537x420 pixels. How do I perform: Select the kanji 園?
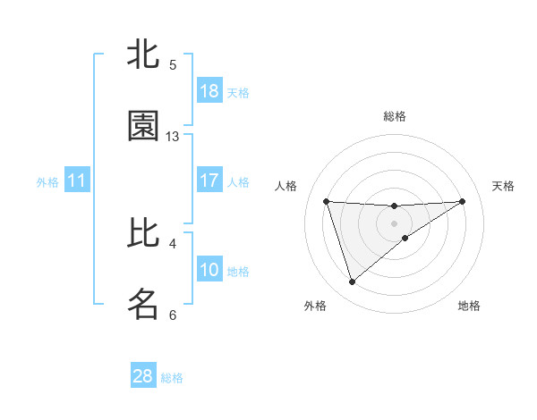click(143, 126)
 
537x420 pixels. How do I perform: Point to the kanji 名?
click(143, 304)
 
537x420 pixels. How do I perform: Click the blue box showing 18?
click(209, 91)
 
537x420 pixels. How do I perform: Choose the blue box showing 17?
click(209, 181)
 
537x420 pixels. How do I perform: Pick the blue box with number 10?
click(209, 270)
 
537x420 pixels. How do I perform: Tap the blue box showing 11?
click(77, 181)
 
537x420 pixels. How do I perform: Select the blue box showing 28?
click(143, 376)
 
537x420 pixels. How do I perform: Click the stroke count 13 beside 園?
click(173, 137)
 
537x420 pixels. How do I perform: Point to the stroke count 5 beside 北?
click(173, 64)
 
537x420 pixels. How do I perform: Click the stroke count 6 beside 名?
click(173, 315)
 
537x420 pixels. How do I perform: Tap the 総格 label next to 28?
click(172, 378)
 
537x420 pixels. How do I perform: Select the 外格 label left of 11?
click(47, 182)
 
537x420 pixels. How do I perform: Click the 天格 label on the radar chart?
click(503, 186)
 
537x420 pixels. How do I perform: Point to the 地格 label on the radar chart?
click(469, 306)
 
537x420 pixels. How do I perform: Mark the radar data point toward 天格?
click(463, 201)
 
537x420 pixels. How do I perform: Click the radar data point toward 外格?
click(352, 282)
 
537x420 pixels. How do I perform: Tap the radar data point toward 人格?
click(327, 201)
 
